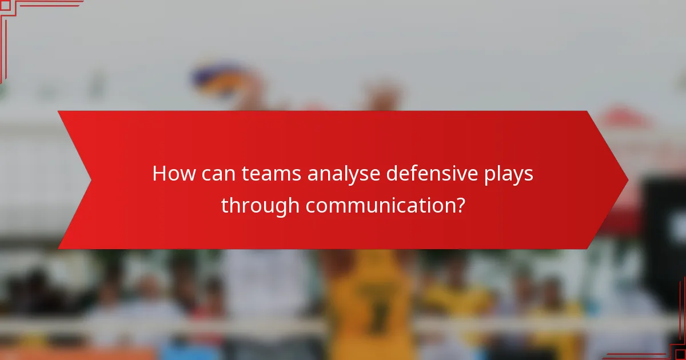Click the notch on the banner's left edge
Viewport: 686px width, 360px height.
90,180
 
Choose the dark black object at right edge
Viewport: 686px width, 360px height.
666,229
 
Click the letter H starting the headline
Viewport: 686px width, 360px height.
159,174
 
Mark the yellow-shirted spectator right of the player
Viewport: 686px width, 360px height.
457,303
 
